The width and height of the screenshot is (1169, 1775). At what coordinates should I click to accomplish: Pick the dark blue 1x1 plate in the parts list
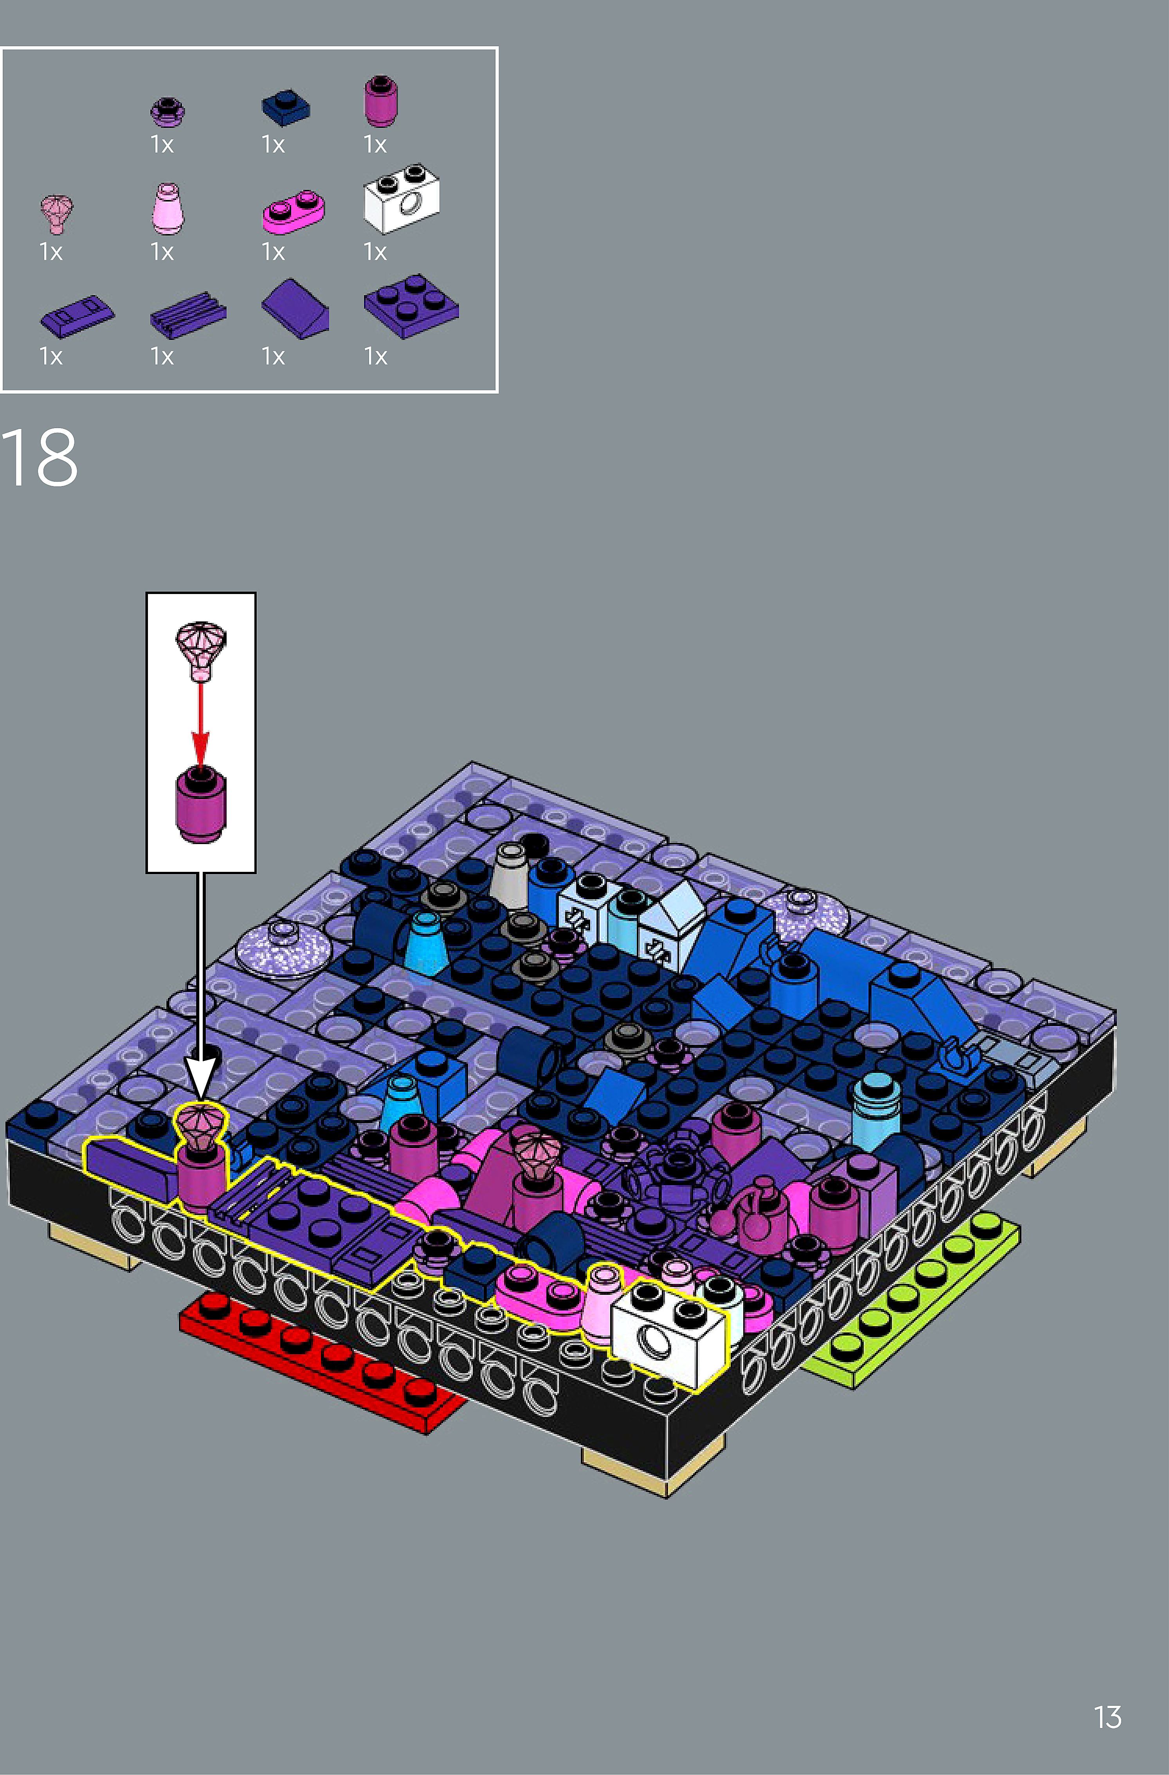[286, 107]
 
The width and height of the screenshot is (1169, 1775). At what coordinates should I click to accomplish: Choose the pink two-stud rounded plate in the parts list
[293, 212]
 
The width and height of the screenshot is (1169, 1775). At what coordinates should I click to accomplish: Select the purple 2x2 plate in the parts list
[411, 306]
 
